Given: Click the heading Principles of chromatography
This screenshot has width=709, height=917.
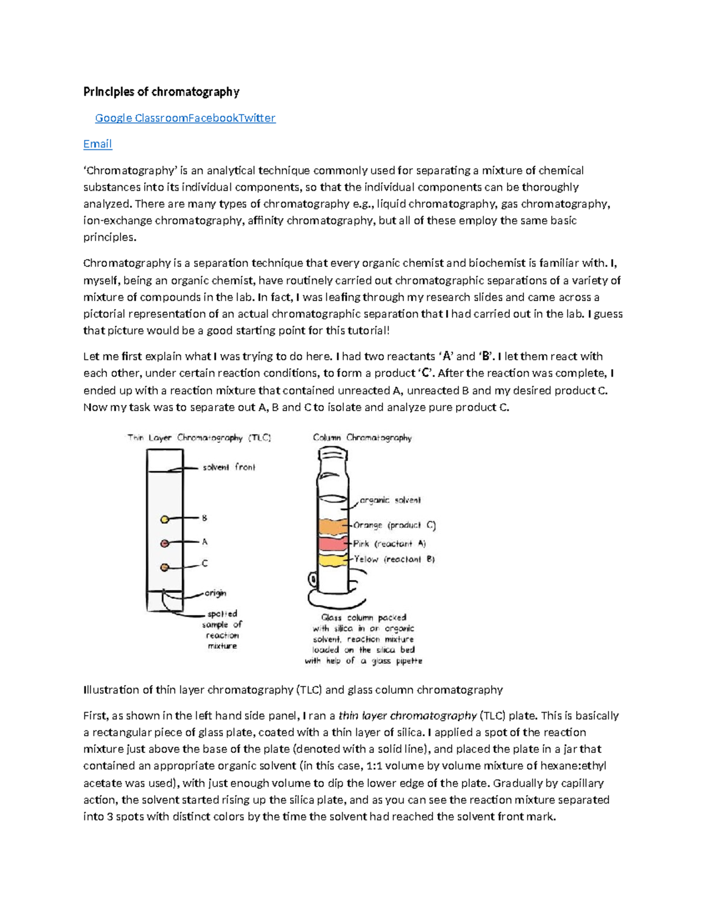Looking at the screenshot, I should [x=161, y=92].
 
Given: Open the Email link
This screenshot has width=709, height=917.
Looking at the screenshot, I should [x=97, y=144].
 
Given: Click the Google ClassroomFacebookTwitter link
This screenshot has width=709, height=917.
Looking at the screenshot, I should [x=185, y=118].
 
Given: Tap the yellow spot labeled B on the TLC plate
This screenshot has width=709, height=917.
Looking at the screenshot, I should [x=165, y=519].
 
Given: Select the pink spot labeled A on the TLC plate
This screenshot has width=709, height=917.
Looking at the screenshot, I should [x=165, y=543].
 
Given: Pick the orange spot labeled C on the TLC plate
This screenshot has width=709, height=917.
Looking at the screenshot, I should [x=165, y=567].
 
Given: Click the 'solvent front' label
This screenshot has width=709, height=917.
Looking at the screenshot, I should [x=229, y=467].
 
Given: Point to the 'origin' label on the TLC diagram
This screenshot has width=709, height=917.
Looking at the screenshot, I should [x=215, y=593].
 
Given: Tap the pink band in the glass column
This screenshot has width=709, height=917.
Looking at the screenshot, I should [x=334, y=544].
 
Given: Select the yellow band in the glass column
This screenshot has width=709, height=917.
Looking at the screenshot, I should [x=334, y=559].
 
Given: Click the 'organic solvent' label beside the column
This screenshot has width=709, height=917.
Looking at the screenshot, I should [x=390, y=500].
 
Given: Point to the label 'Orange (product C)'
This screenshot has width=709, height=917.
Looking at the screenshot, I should [x=394, y=525].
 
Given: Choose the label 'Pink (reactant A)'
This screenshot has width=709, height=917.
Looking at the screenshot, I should [x=389, y=543].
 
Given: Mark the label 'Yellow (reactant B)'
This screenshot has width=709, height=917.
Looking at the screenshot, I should [x=394, y=559].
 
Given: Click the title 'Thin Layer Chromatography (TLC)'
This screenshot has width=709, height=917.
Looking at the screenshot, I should [x=199, y=438].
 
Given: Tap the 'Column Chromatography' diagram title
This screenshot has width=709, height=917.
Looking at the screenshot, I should [x=362, y=438].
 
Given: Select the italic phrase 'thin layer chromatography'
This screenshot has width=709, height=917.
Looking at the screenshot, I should [x=407, y=716].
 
